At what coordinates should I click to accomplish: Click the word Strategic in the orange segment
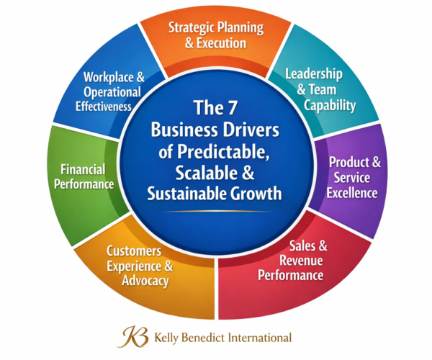coord(194,29)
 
